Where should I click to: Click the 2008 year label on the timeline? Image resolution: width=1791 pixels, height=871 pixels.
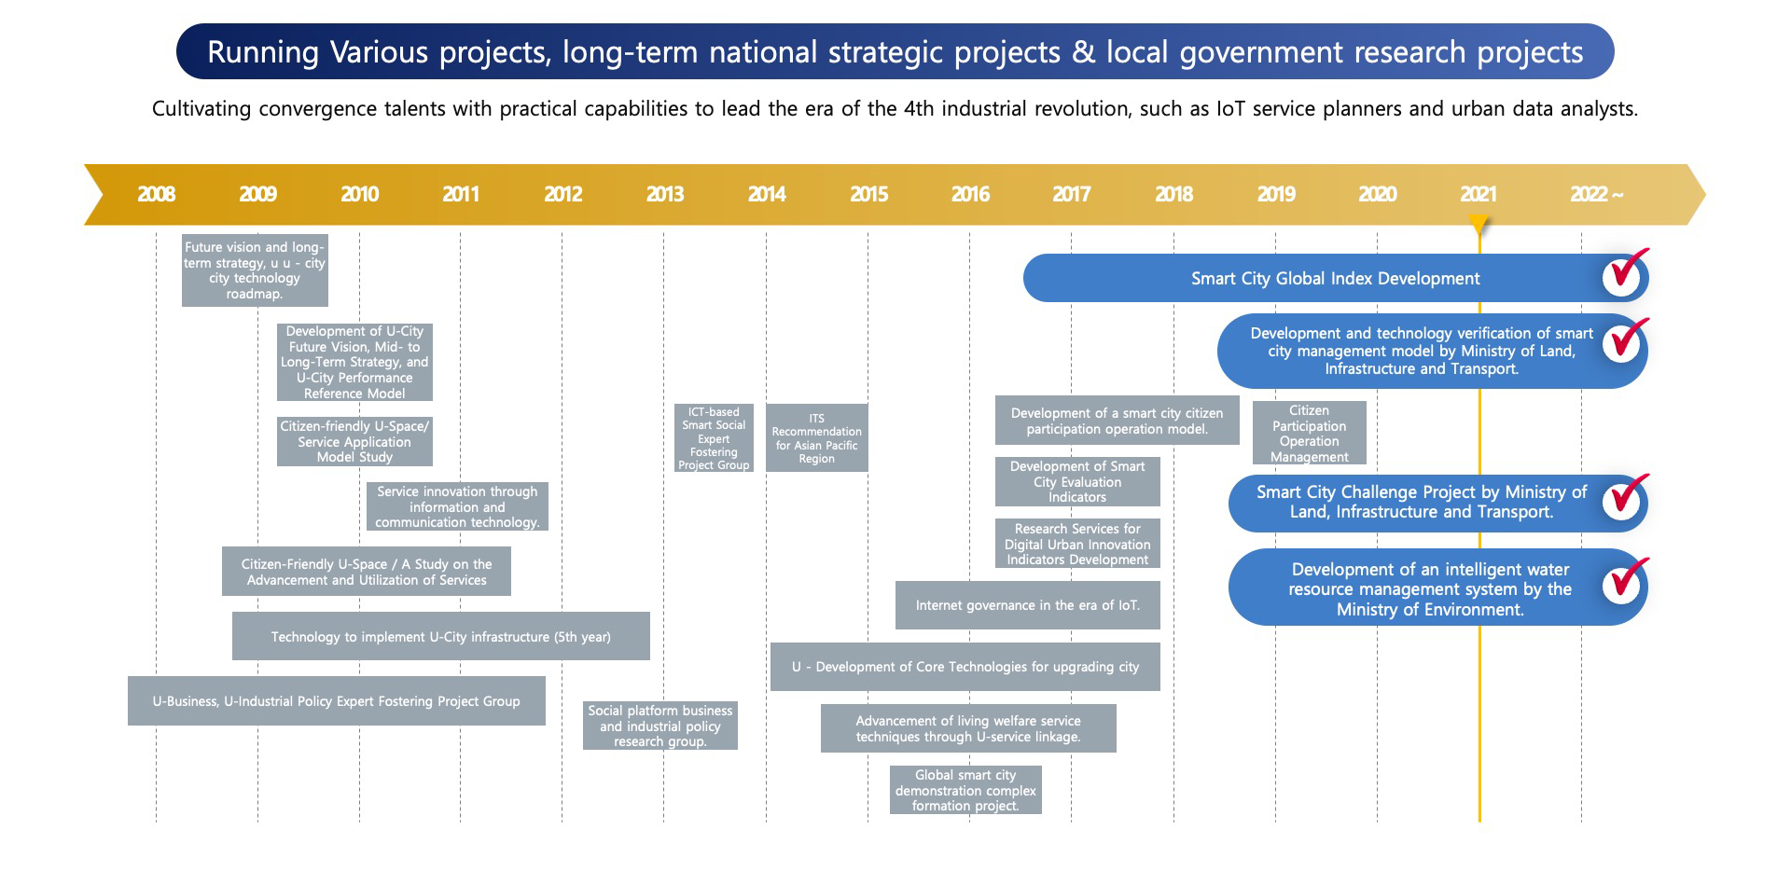156,194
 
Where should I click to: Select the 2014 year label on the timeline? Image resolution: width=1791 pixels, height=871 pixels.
767,194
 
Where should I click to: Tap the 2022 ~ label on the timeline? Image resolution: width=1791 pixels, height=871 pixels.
1596,194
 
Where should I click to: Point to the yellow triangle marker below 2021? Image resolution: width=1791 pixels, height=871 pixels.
1479,225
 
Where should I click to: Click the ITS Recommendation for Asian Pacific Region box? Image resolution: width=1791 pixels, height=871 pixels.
817,438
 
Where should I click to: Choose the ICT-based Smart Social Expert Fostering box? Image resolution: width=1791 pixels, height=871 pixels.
714,438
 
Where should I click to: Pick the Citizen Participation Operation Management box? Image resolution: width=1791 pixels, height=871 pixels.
1310,433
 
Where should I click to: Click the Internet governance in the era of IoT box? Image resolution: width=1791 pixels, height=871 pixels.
1028,605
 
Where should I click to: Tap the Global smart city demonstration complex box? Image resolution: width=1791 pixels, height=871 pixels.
965,790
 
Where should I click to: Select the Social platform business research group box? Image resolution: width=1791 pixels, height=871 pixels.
660,726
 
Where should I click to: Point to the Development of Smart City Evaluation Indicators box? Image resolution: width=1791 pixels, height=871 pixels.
1077,481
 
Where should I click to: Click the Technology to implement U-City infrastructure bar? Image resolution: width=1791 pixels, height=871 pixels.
441,636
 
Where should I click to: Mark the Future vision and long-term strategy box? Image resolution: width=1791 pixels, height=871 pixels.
255,270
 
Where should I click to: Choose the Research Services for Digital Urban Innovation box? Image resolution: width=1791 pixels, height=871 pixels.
1077,544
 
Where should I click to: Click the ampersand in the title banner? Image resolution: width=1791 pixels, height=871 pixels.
1083,52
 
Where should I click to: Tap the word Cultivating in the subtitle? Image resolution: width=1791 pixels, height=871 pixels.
201,109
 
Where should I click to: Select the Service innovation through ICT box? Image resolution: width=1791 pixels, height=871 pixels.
457,506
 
